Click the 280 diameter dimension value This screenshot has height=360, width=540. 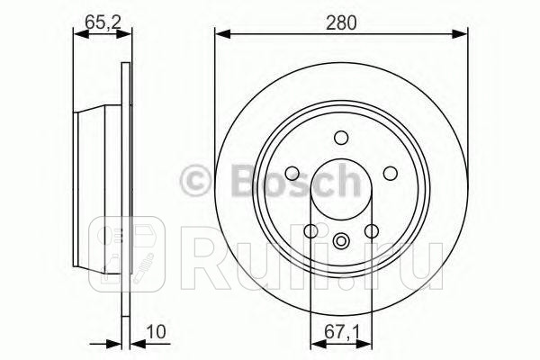click(x=342, y=23)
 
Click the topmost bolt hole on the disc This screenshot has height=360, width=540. click(x=341, y=138)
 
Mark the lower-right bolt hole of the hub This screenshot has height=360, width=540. click(x=372, y=231)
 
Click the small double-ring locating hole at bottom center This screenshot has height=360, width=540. click(x=341, y=240)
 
